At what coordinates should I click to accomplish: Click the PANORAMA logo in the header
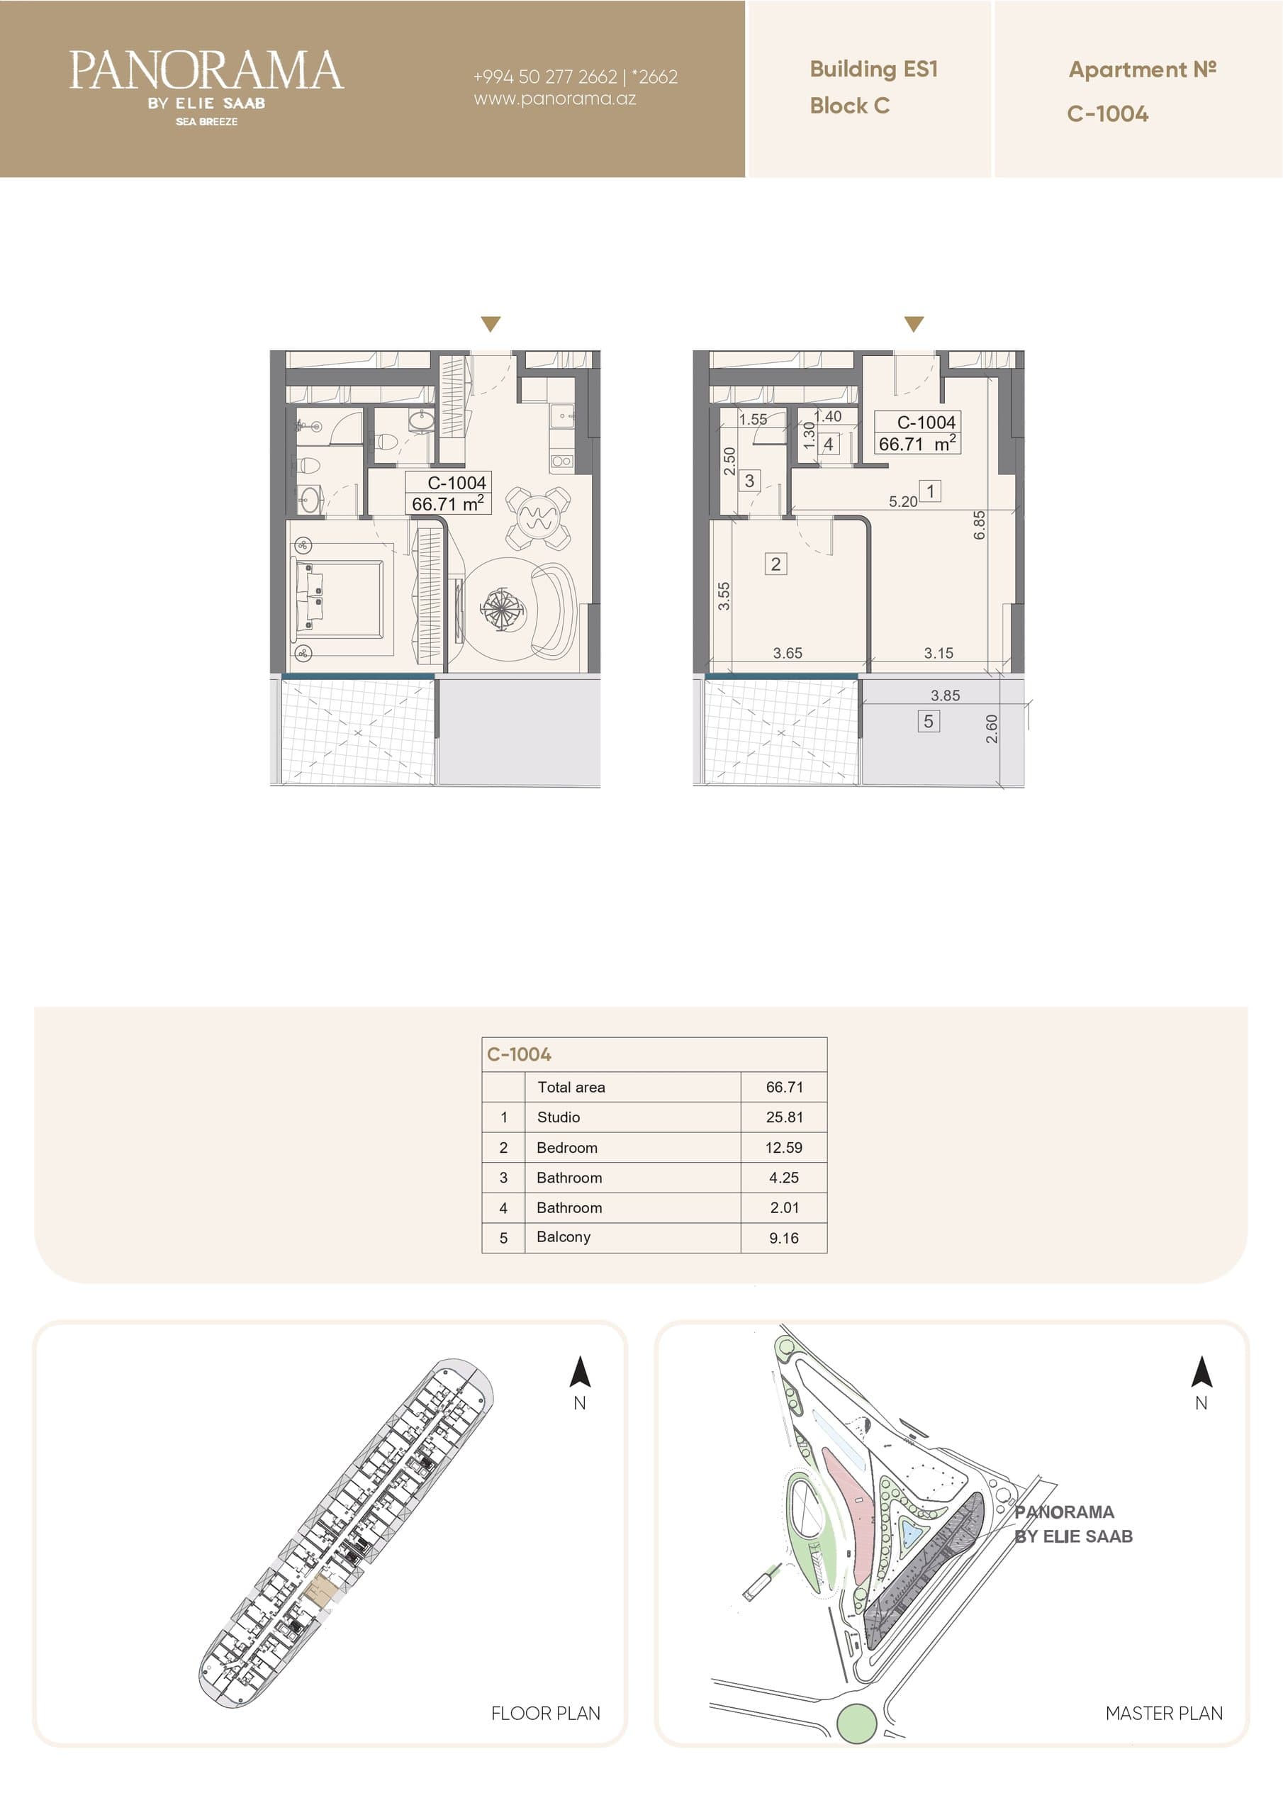pyautogui.click(x=206, y=86)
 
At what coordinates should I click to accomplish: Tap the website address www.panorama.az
pyautogui.click(x=555, y=99)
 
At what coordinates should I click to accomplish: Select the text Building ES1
pyautogui.click(x=873, y=69)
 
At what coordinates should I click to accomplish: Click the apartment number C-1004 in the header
pyautogui.click(x=1107, y=114)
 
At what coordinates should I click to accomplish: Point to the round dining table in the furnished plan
pyautogui.click(x=537, y=518)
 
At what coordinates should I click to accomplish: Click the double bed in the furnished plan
pyautogui.click(x=342, y=599)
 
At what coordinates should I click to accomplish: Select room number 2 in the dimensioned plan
pyautogui.click(x=775, y=564)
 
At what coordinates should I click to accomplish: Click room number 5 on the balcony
pyautogui.click(x=928, y=721)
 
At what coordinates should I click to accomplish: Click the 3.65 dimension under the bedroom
pyautogui.click(x=788, y=653)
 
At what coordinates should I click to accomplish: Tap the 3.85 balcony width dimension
pyautogui.click(x=946, y=696)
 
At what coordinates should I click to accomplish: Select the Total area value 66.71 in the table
pyautogui.click(x=784, y=1087)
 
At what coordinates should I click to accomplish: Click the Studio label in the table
pyautogui.click(x=558, y=1117)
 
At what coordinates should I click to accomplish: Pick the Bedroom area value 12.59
pyautogui.click(x=783, y=1147)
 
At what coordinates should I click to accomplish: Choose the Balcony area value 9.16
pyautogui.click(x=783, y=1238)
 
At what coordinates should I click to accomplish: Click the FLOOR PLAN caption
pyautogui.click(x=546, y=1713)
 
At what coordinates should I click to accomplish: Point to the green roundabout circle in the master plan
pyautogui.click(x=856, y=1724)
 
